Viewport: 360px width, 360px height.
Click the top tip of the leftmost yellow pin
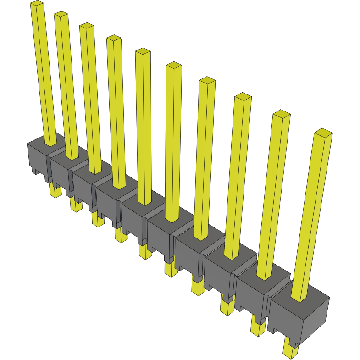tap(37, 4)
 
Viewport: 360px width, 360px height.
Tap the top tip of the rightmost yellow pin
tap(323, 133)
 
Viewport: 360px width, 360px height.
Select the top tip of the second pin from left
tap(61, 15)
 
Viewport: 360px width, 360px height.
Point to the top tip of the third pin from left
tap(86, 27)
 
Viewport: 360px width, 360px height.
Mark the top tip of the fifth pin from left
tap(143, 51)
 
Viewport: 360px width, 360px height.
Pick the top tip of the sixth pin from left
tap(174, 66)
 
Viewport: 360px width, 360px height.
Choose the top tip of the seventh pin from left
tap(207, 81)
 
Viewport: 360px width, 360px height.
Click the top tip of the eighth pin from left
tap(243, 97)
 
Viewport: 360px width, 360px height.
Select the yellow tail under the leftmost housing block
tap(55, 191)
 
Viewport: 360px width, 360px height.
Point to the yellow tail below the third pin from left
tap(97, 220)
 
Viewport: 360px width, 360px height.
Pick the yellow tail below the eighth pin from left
tap(227, 307)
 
